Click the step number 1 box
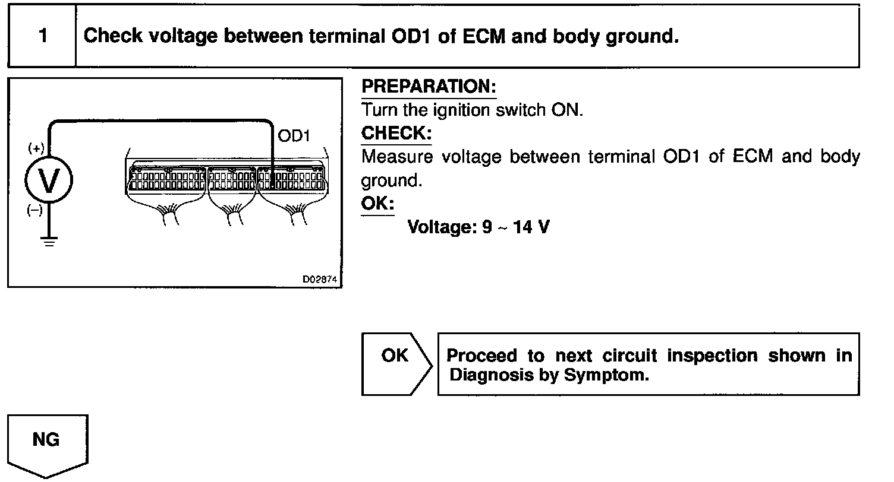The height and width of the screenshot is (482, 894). pyautogui.click(x=42, y=36)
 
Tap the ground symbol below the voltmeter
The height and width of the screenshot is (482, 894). pyautogui.click(x=48, y=242)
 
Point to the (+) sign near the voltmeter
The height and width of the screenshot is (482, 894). pyautogui.click(x=36, y=147)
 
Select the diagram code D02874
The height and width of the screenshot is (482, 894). pyautogui.click(x=322, y=278)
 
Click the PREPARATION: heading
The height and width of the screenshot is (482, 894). pyautogui.click(x=429, y=87)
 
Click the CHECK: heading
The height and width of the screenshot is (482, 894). pyautogui.click(x=396, y=133)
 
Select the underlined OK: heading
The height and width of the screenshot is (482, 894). pyautogui.click(x=377, y=204)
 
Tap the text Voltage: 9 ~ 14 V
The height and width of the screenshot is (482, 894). pyautogui.click(x=478, y=227)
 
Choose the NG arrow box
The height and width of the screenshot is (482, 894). pyautogui.click(x=46, y=443)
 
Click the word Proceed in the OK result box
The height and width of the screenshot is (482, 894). pyautogui.click(x=482, y=356)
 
